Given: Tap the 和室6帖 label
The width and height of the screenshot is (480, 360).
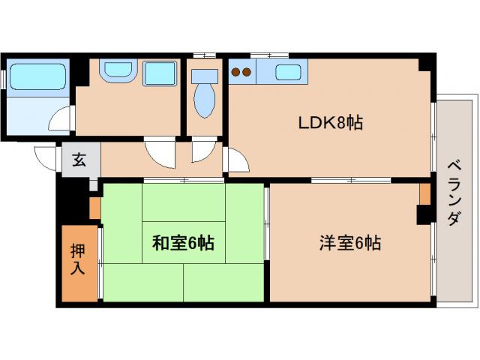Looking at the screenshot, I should (x=184, y=243).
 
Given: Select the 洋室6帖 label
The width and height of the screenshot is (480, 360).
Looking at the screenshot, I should (x=350, y=243).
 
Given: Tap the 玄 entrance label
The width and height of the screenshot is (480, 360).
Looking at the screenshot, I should (x=79, y=159).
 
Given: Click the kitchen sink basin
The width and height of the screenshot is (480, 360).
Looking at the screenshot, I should (x=289, y=73).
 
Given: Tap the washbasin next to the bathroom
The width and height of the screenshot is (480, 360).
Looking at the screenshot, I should (x=117, y=72).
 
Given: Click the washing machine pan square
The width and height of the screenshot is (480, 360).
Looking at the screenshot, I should (x=159, y=73).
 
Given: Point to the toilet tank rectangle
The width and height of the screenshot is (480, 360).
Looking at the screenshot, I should (x=203, y=76).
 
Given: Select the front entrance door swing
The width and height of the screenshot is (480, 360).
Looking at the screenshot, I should (x=46, y=157).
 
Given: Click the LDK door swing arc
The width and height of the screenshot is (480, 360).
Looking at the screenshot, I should (x=237, y=159).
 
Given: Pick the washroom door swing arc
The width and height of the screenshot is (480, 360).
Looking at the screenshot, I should (x=160, y=154).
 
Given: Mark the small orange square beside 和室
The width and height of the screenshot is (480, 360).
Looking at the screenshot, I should (x=94, y=207).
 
